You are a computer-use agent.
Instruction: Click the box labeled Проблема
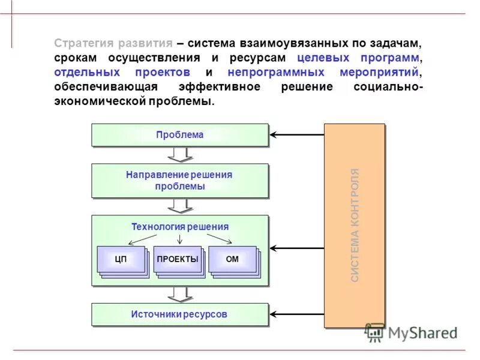[179, 135]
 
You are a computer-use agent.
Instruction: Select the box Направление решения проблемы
[179, 181]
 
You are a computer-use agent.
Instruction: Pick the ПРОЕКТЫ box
[177, 259]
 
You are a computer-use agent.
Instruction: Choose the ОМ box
[232, 259]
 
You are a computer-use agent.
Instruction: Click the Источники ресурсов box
[179, 314]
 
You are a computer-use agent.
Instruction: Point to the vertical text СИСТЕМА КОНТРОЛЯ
[355, 225]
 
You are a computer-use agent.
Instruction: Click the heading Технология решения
[180, 227]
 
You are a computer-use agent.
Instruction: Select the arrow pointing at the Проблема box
[296, 134]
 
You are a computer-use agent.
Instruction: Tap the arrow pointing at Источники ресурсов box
[296, 314]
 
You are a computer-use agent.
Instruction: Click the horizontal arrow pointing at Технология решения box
[296, 247]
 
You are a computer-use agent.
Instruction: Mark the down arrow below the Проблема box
[179, 155]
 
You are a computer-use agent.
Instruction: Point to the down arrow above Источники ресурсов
[179, 294]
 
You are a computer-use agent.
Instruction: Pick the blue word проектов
[163, 73]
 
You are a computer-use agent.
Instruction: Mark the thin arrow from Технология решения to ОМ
[219, 238]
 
